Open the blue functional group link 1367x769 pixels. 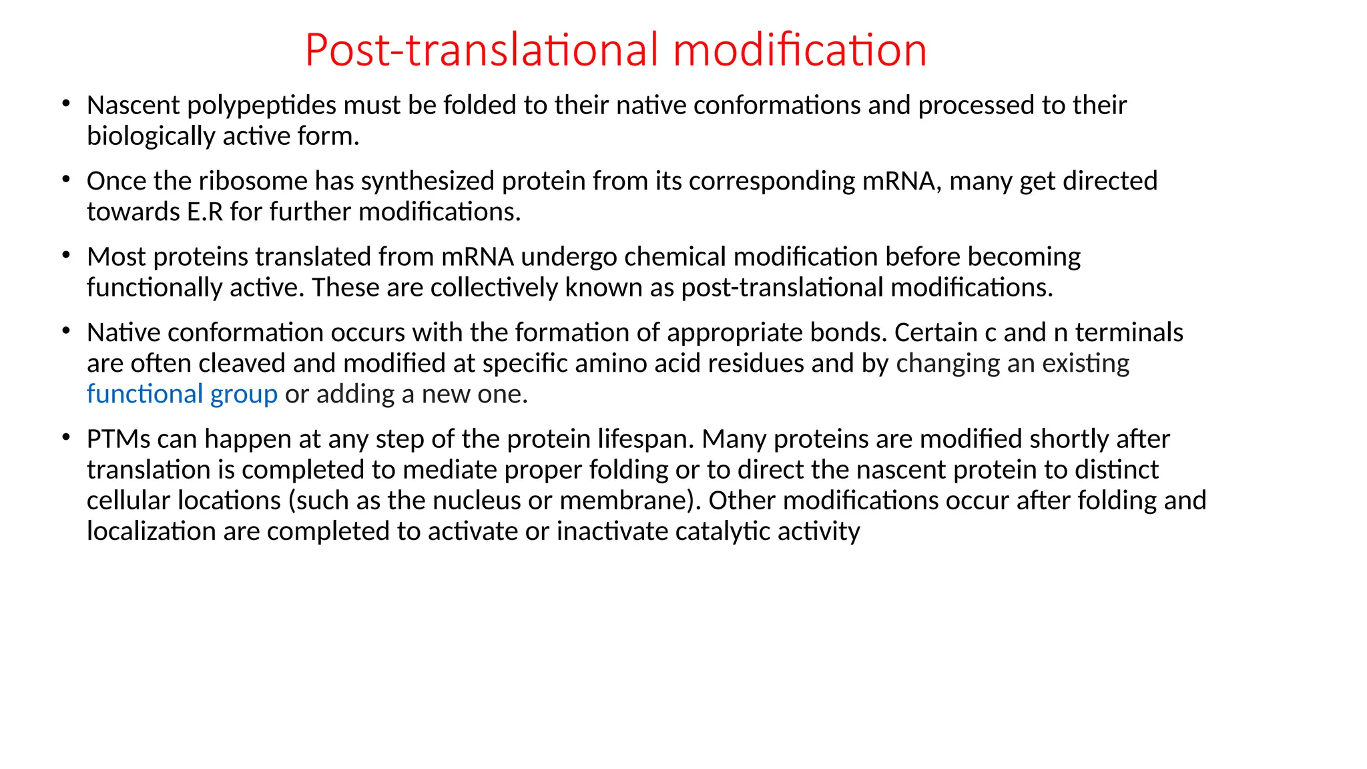[182, 394]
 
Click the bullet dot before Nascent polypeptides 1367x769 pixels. [65, 103]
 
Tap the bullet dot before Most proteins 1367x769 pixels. [65, 255]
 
